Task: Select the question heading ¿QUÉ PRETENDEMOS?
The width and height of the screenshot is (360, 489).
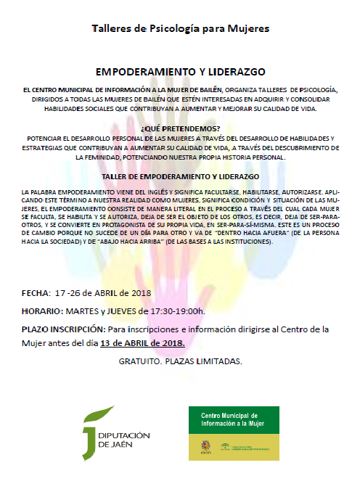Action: pyautogui.click(x=179, y=128)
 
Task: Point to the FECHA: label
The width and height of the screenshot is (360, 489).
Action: pyautogui.click(x=37, y=293)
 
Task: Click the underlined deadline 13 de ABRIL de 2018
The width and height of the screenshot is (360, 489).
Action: pyautogui.click(x=142, y=342)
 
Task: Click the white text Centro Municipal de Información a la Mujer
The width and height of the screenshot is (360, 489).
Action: pyautogui.click(x=233, y=420)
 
